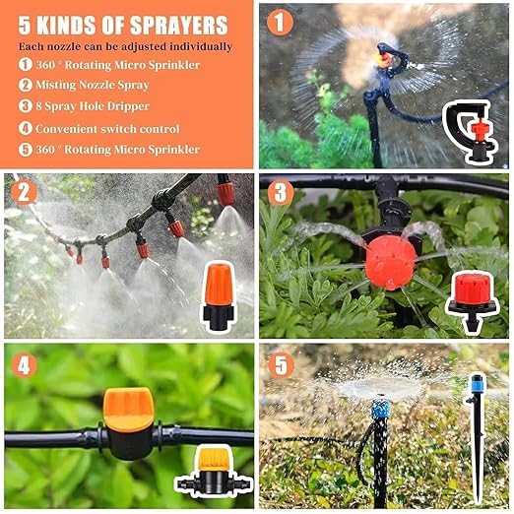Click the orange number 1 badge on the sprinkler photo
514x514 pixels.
[x=281, y=22]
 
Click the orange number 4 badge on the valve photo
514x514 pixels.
[x=26, y=365]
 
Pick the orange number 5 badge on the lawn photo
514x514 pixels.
[x=282, y=365]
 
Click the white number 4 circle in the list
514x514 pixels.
[x=25, y=128]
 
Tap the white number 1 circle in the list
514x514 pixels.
[x=25, y=65]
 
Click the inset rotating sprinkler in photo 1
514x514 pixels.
[x=473, y=131]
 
